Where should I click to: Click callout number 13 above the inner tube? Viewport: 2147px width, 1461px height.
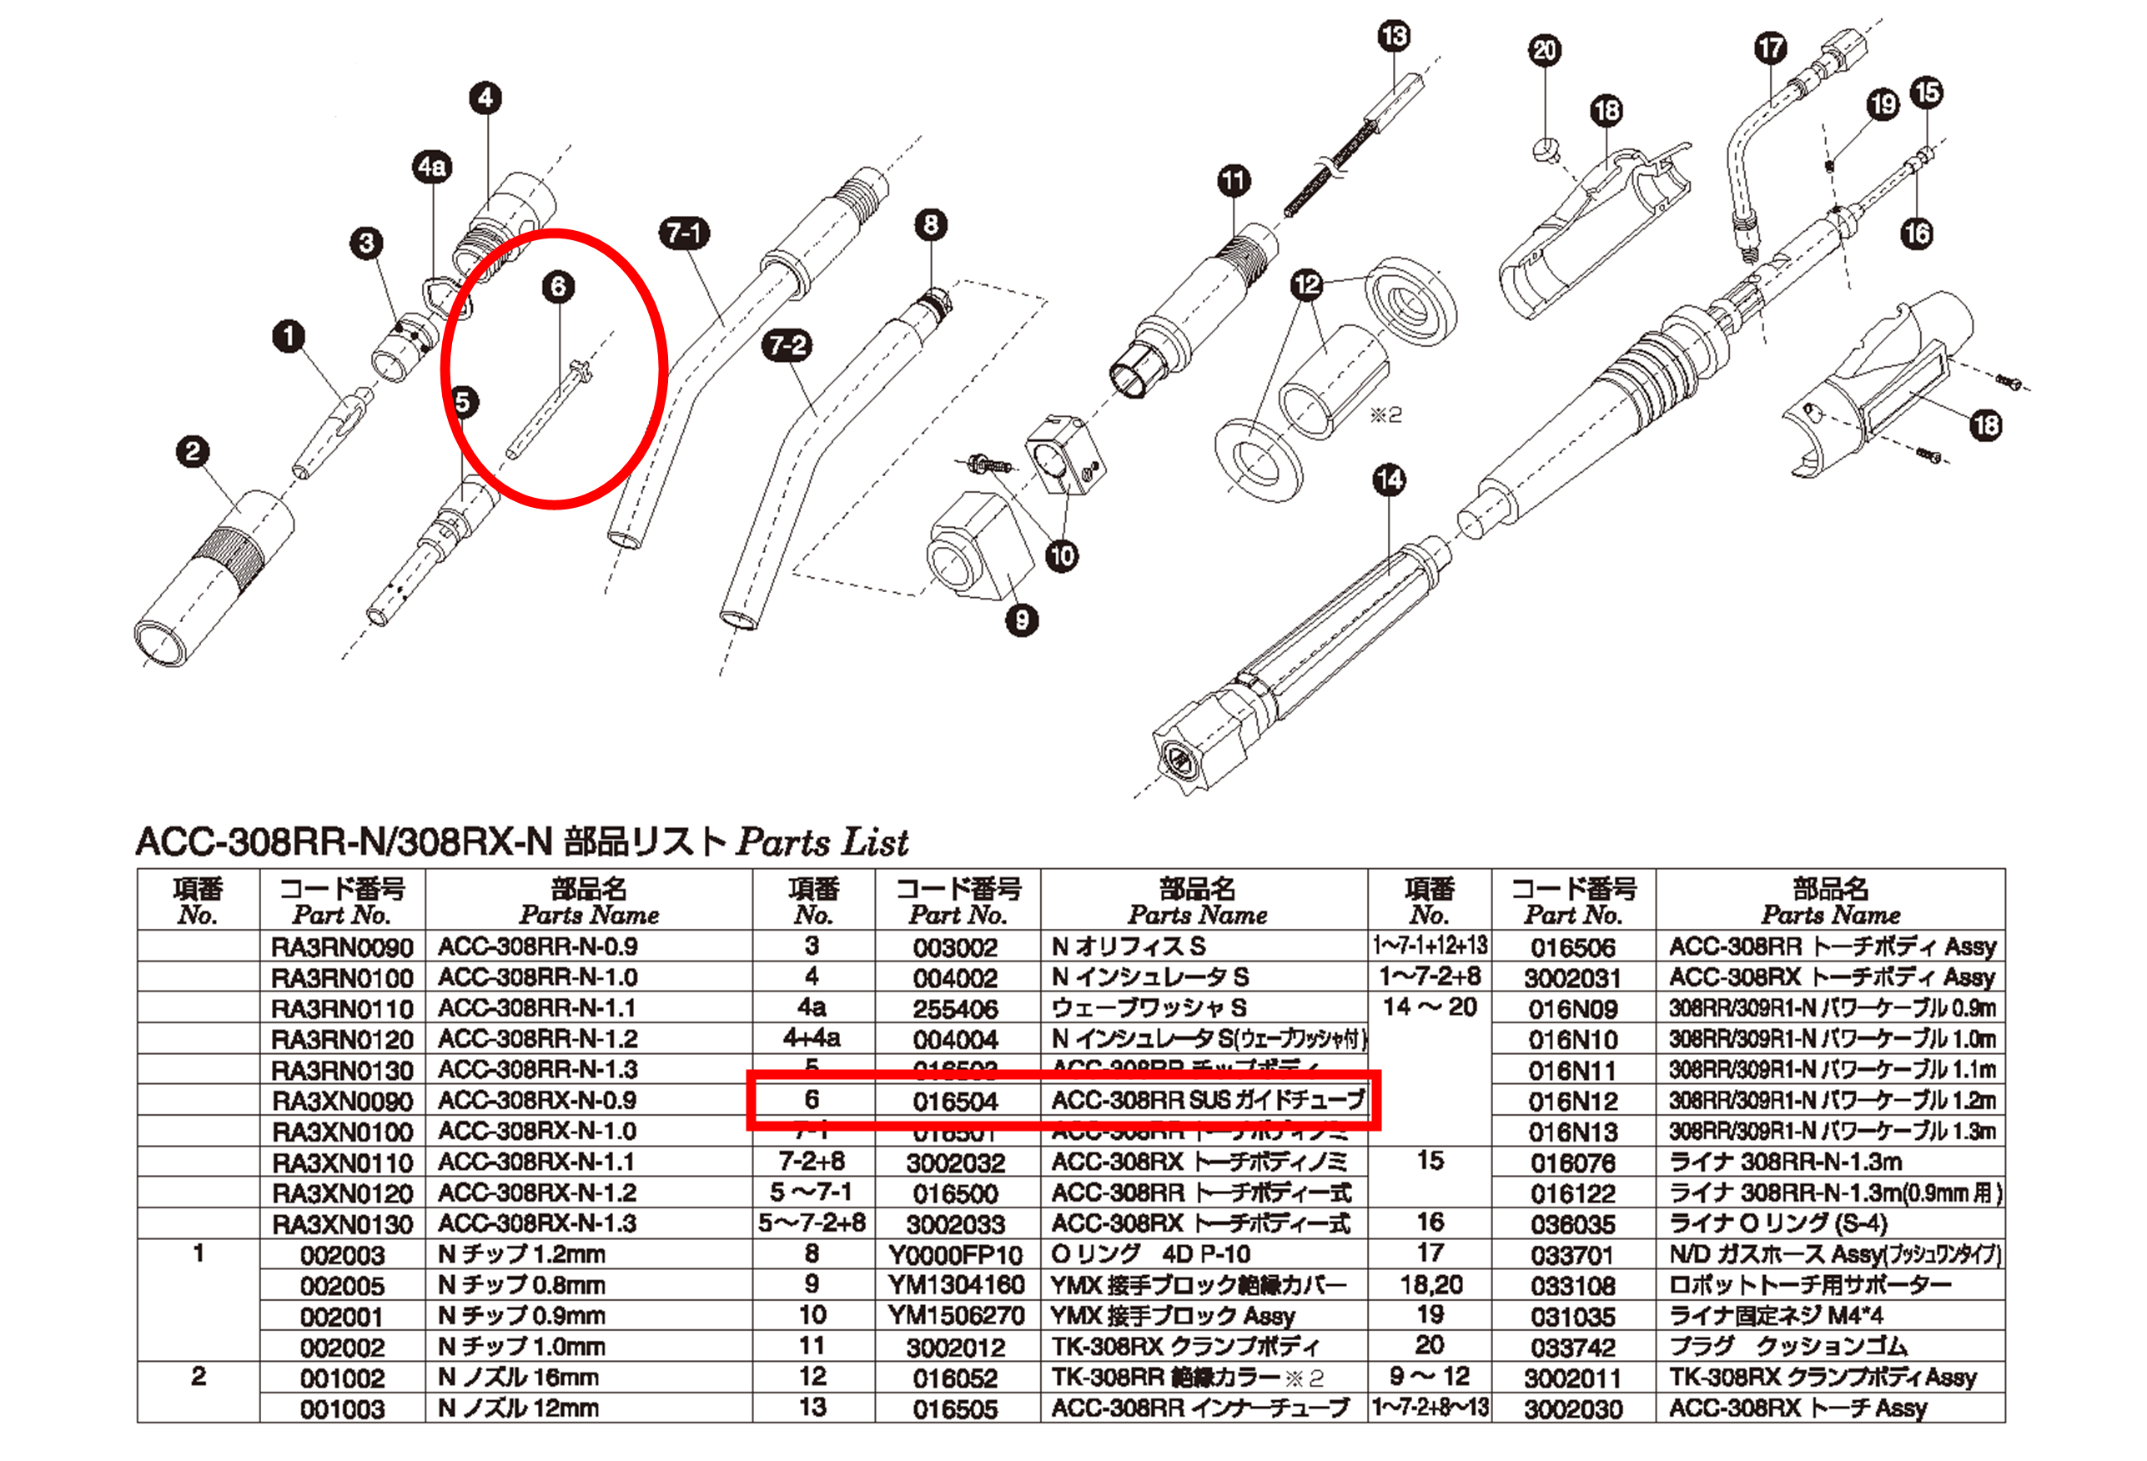coord(1393,37)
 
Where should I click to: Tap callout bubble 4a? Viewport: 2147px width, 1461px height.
coord(431,167)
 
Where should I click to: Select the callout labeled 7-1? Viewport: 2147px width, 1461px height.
coord(684,233)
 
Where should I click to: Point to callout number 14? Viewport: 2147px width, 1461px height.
coord(1389,480)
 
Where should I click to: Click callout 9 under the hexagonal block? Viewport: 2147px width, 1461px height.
coord(1021,620)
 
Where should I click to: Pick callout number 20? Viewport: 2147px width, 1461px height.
coord(1545,51)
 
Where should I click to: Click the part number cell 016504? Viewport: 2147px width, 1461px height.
coord(955,1101)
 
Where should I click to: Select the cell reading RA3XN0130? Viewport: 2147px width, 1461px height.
coord(342,1224)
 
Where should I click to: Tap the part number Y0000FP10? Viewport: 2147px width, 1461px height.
coord(955,1255)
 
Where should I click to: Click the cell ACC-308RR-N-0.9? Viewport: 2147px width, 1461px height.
coord(538,946)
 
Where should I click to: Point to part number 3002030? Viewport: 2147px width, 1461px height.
coord(1572,1409)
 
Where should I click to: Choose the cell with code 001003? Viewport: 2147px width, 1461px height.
coord(342,1409)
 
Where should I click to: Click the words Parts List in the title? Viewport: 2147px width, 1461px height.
coord(822,842)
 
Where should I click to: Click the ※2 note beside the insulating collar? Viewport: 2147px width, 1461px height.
coord(1385,414)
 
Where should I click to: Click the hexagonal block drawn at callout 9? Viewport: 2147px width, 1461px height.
coord(976,545)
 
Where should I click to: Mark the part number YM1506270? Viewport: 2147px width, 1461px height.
coord(955,1316)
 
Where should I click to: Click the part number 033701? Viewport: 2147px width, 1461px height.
coord(1572,1255)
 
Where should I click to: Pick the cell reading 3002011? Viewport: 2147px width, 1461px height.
coord(1572,1378)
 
